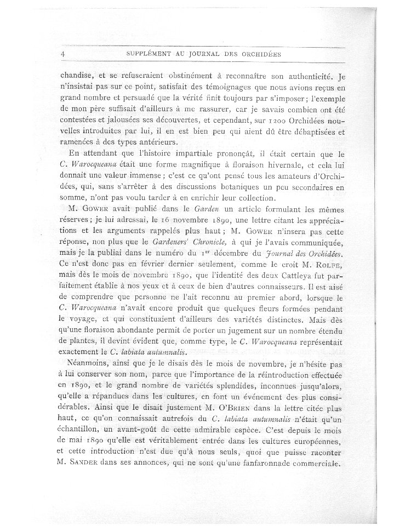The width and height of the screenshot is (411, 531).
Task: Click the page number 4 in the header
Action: coord(64,54)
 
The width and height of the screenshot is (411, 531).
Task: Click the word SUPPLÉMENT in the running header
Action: coord(149,54)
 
